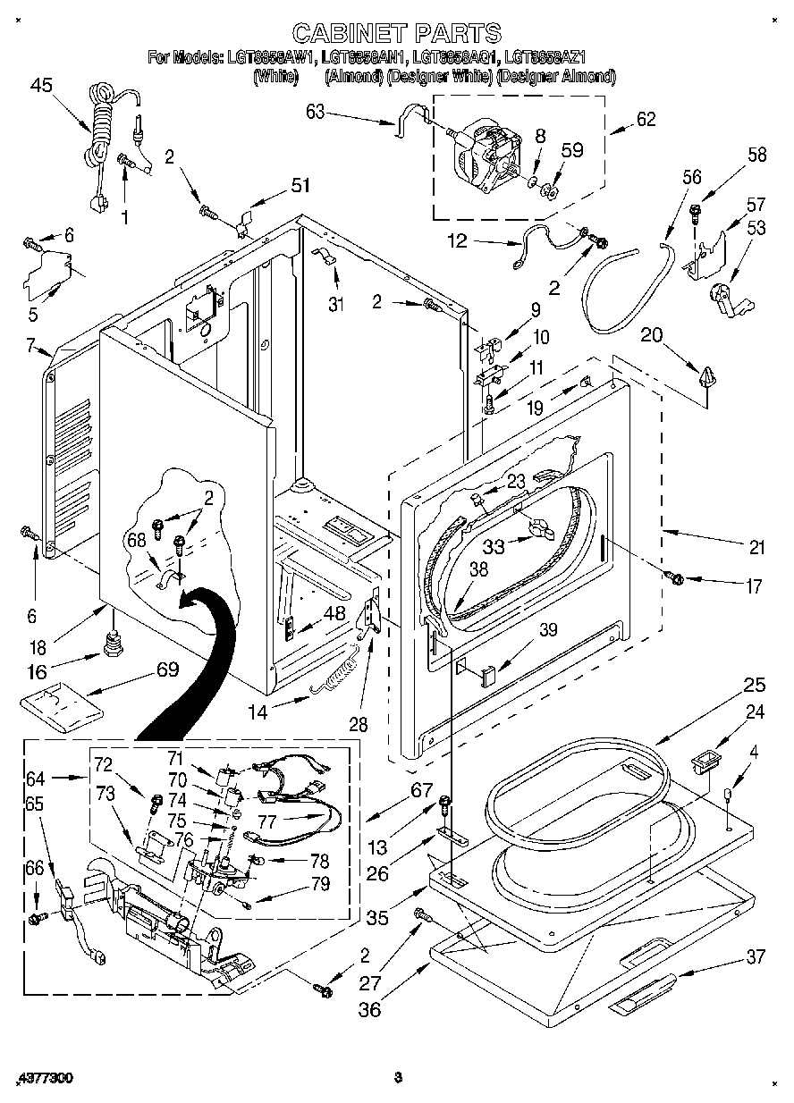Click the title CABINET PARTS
tap(397, 34)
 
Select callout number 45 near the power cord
tap(41, 86)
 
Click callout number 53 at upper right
tap(756, 228)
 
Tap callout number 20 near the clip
tap(651, 335)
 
